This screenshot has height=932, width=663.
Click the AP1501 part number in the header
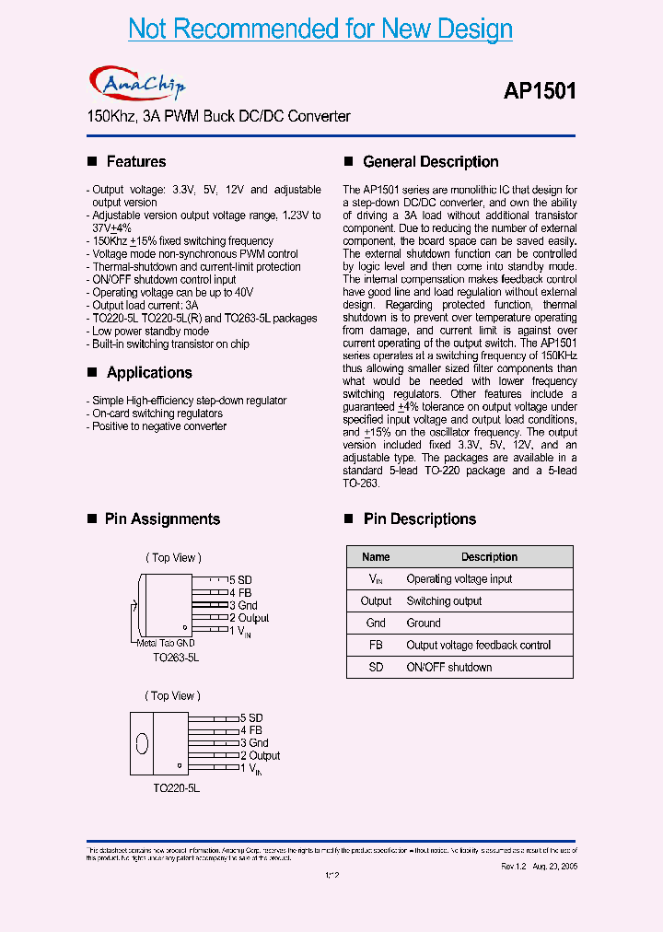[540, 91]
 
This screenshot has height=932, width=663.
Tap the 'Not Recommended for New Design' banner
[320, 29]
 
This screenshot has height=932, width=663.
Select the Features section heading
[136, 162]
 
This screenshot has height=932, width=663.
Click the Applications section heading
[149, 373]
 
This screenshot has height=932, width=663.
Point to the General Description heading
[430, 162]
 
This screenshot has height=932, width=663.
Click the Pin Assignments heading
[162, 519]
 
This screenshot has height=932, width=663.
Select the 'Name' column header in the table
[376, 557]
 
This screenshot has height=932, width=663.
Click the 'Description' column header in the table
[489, 557]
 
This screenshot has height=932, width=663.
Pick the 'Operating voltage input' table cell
[459, 579]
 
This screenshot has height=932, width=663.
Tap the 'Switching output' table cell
[444, 601]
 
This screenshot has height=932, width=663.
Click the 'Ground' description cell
[424, 623]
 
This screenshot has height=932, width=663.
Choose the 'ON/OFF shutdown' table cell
[448, 668]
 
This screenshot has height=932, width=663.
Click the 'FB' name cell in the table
[376, 646]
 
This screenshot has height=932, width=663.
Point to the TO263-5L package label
[176, 658]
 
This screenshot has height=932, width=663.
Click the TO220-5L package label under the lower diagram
[176, 788]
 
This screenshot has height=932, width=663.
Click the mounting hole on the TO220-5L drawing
[142, 742]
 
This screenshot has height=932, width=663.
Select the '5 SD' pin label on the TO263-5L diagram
[240, 580]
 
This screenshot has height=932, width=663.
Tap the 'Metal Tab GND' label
[166, 643]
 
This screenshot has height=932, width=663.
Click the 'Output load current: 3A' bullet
[145, 306]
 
